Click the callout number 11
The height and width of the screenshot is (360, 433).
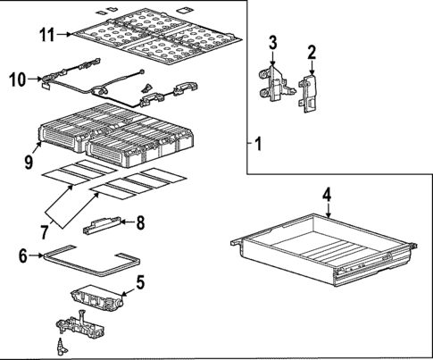pyautogui.click(x=47, y=35)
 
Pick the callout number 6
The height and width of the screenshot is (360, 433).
pyautogui.click(x=24, y=255)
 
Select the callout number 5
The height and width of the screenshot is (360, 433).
pyautogui.click(x=139, y=286)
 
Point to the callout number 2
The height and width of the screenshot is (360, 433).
pyautogui.click(x=312, y=54)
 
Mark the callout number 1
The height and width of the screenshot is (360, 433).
pyautogui.click(x=258, y=143)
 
